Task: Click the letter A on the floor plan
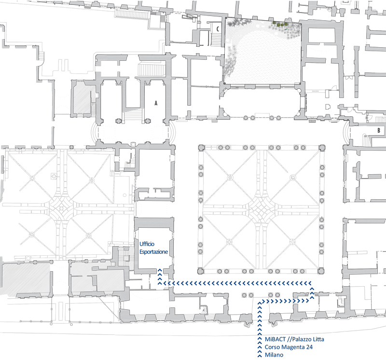tap(156, 103)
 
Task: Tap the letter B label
tap(379, 130)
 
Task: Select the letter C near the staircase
tap(218, 29)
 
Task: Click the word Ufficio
tap(147, 244)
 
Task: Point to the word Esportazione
tap(153, 252)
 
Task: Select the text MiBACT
tap(275, 339)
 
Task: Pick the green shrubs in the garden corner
tap(280, 24)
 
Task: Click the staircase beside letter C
tap(216, 40)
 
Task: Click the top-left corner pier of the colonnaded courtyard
tap(201, 148)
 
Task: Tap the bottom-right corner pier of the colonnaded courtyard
tap(321, 271)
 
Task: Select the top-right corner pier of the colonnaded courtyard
tap(322, 148)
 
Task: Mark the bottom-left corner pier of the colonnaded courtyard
tap(201, 271)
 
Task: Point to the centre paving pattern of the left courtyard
tap(61, 208)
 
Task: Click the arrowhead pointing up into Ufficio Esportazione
tap(160, 270)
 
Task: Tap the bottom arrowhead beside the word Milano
tap(260, 355)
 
